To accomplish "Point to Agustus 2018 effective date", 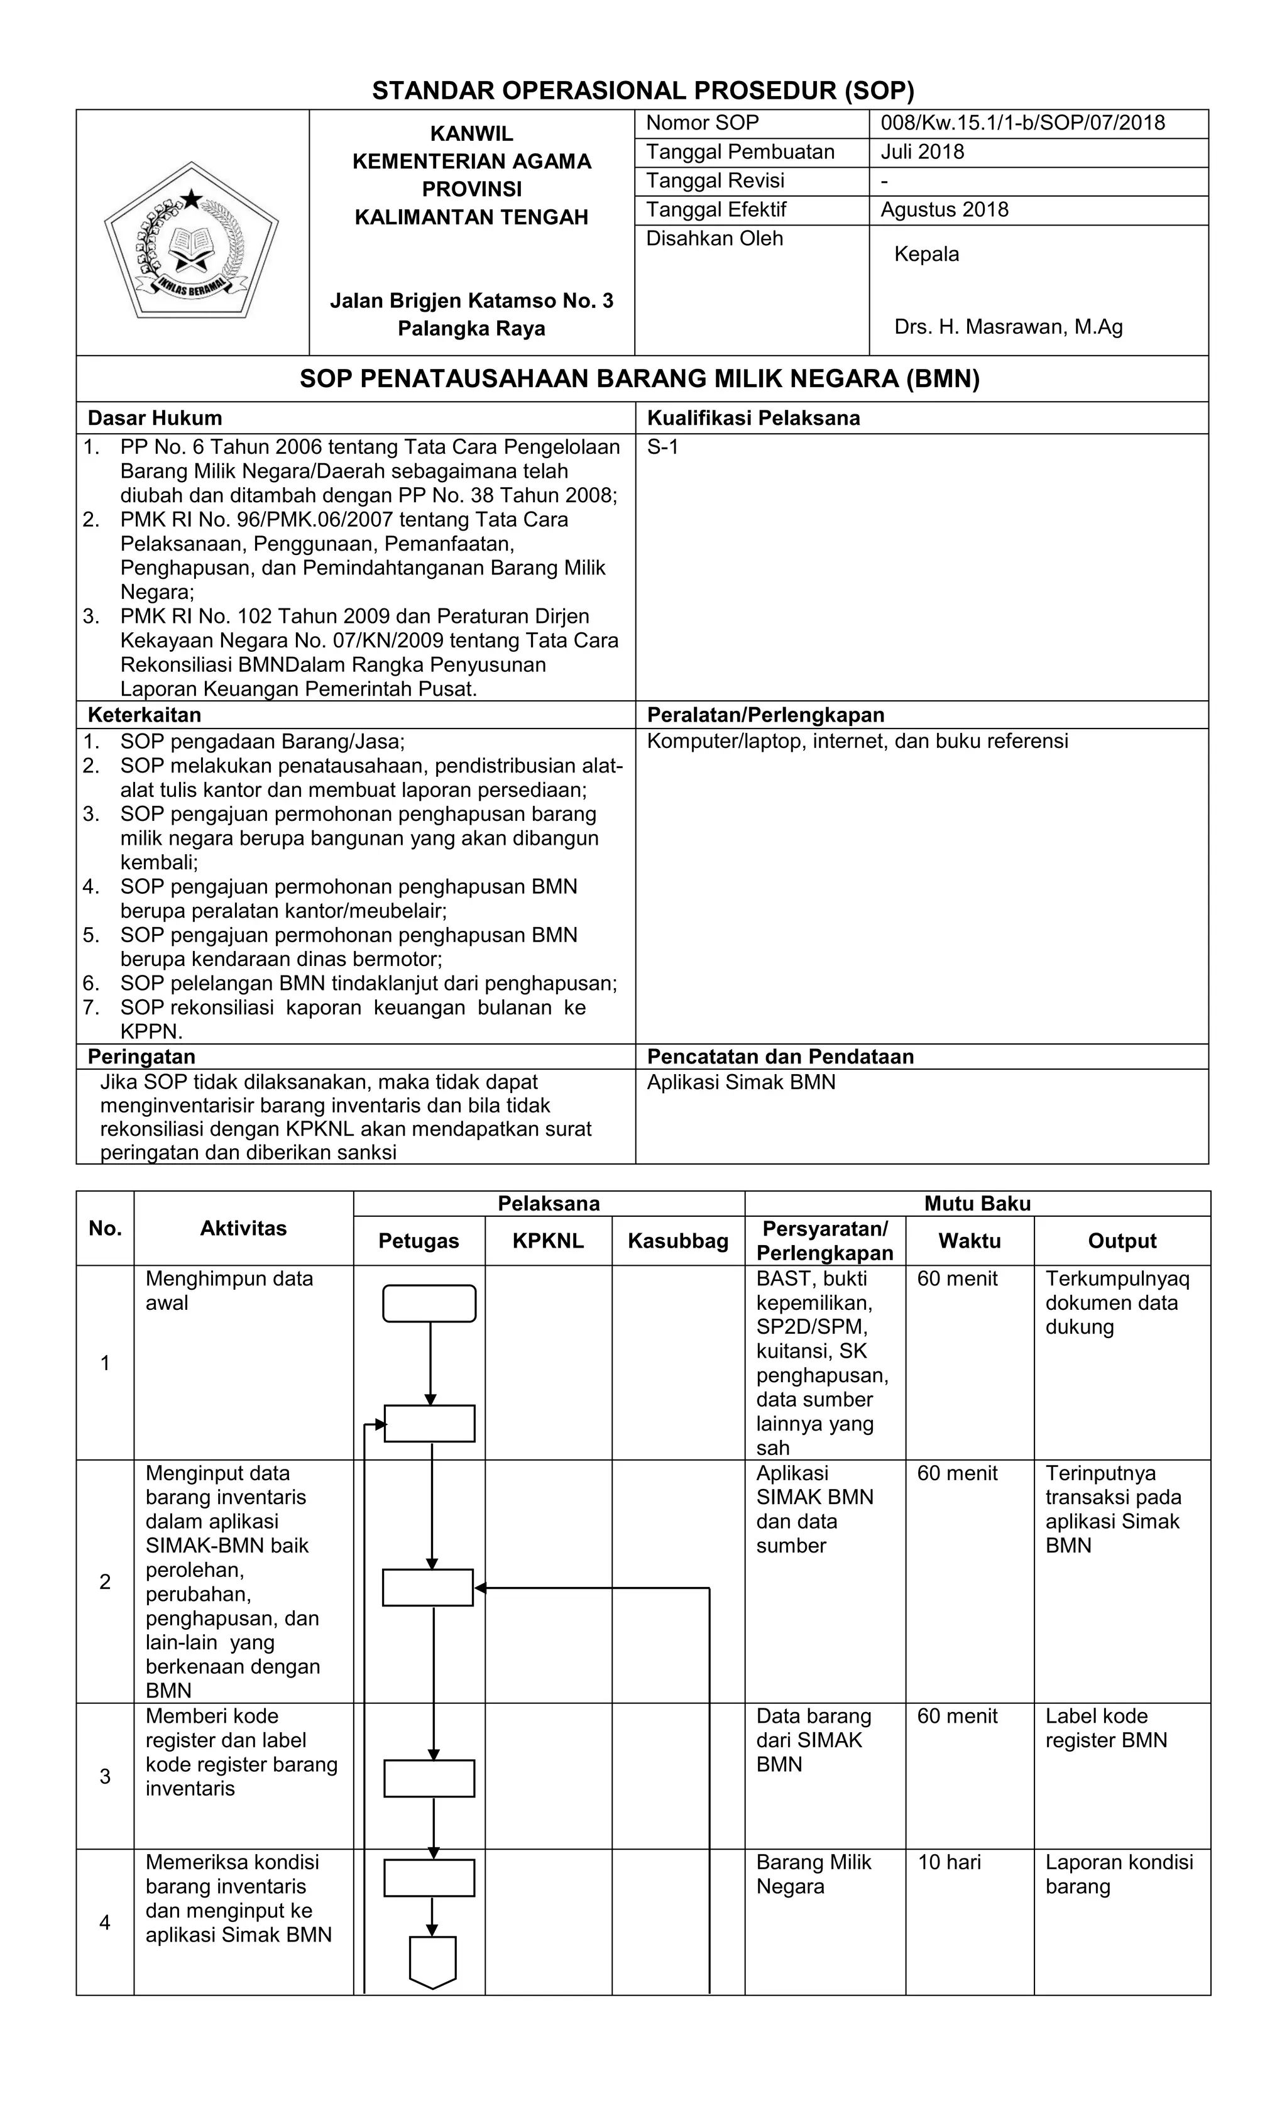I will (944, 210).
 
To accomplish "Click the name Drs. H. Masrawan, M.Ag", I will (1007, 327).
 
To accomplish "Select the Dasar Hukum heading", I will (155, 418).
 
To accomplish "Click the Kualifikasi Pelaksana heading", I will (753, 418).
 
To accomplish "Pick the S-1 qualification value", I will (662, 448).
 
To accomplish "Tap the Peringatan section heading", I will (141, 1057).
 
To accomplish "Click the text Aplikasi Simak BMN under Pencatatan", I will (741, 1082).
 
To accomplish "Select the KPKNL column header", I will (548, 1241).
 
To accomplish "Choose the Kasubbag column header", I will (678, 1241).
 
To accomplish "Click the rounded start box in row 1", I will (429, 1304).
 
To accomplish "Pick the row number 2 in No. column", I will (105, 1581).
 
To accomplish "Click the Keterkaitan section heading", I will (145, 715).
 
